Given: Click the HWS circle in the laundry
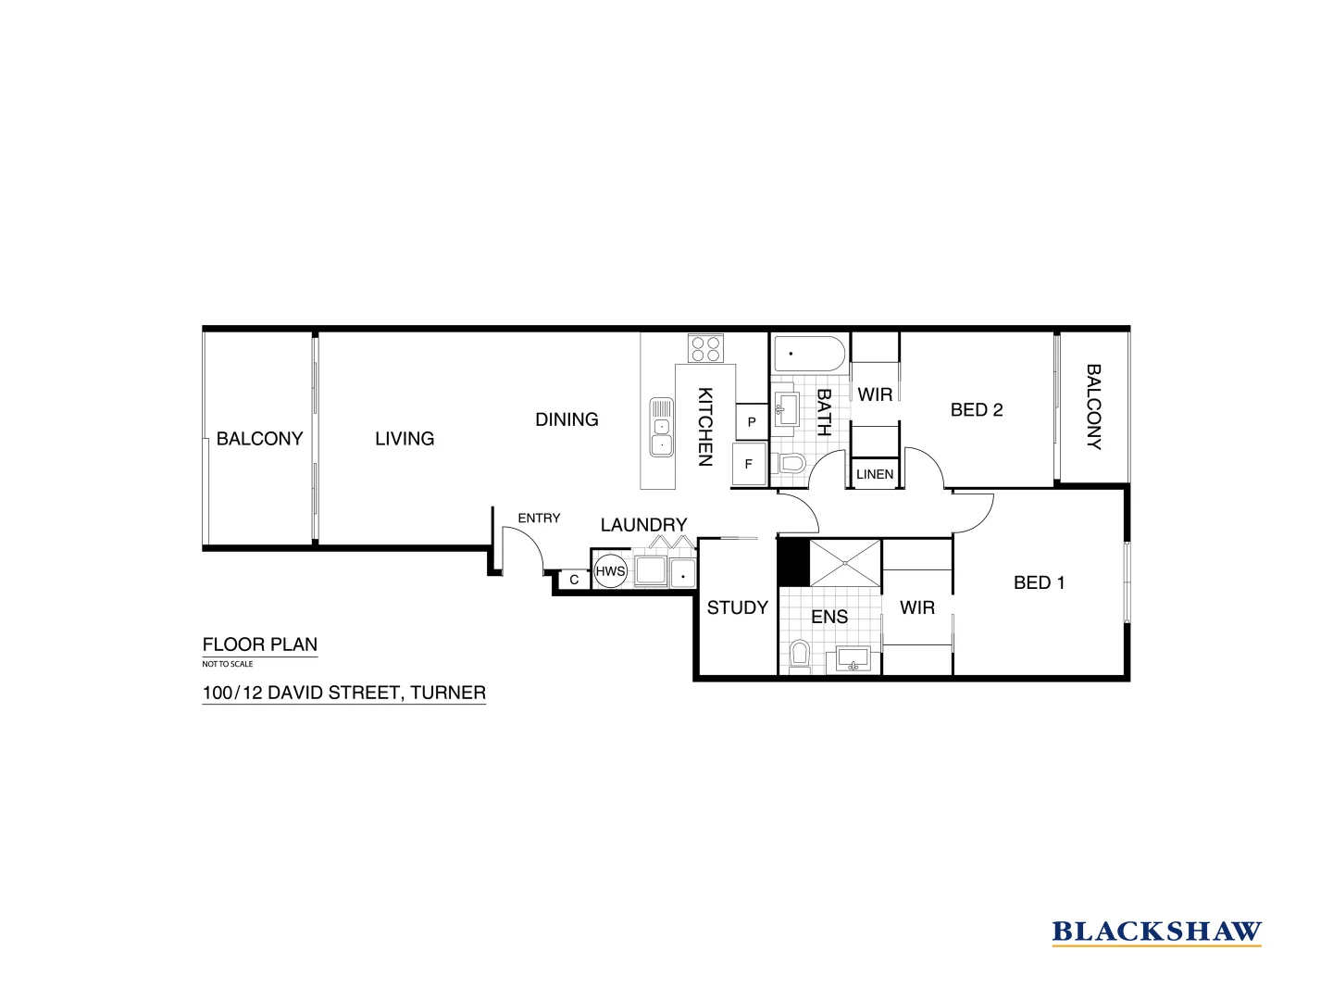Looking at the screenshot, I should click(x=610, y=571).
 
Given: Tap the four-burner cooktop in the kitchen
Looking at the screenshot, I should click(x=704, y=348).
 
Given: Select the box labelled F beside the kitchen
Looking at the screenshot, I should click(x=749, y=465).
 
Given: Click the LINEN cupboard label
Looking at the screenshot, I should click(x=875, y=474).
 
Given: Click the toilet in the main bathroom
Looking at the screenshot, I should click(x=792, y=463).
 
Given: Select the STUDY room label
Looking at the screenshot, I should click(x=737, y=607).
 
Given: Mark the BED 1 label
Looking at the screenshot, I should click(x=1039, y=582).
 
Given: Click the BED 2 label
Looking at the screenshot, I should click(x=977, y=409).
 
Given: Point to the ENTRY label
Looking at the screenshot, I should click(x=539, y=518).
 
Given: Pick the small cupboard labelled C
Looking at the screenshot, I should click(x=574, y=580).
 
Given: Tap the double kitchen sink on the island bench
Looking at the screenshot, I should click(x=661, y=428).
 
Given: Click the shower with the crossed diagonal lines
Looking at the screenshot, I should click(x=846, y=563).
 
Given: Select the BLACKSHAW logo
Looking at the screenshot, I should click(x=1156, y=931).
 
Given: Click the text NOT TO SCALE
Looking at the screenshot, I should click(x=228, y=664).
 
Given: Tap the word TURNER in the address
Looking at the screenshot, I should click(x=448, y=692).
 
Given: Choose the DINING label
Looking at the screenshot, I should click(x=567, y=419).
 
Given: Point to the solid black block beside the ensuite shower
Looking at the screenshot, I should click(x=793, y=563).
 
